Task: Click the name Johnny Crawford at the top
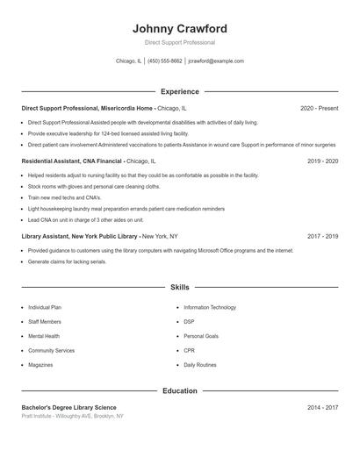click(180, 28)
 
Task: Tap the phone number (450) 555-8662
click(165, 61)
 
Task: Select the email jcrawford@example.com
click(216, 61)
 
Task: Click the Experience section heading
click(180, 91)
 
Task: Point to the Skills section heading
click(180, 287)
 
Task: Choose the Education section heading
click(180, 390)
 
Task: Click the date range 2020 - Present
click(319, 108)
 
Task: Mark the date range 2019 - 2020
click(322, 161)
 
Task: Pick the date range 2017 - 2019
click(322, 236)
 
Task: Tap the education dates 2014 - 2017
click(322, 407)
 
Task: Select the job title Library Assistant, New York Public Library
click(80, 236)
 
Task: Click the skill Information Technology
click(210, 308)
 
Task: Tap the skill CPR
click(189, 350)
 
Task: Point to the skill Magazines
click(40, 364)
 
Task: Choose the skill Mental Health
click(44, 336)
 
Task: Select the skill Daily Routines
click(200, 364)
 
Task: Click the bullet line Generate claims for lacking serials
click(67, 261)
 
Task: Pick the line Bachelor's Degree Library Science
click(68, 407)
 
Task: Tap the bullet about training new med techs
click(64, 198)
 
